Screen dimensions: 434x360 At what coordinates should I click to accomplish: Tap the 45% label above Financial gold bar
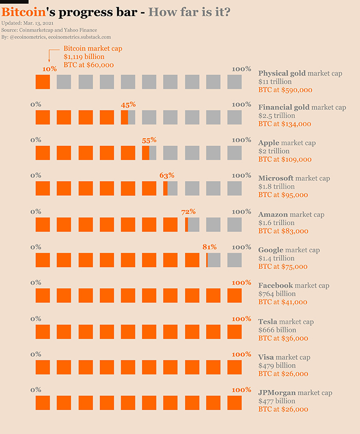[128, 104]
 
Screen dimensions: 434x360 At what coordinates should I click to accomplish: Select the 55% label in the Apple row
[149, 140]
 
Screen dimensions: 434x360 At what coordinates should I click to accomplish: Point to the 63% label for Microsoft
[167, 175]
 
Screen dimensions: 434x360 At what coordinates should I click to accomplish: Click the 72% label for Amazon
[188, 211]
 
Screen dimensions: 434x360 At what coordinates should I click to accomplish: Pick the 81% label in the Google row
[209, 247]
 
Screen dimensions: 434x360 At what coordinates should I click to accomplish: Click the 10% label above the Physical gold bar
[50, 69]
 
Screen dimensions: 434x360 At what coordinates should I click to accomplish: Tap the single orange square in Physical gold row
[43, 82]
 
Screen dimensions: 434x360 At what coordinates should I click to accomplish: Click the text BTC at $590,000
[285, 89]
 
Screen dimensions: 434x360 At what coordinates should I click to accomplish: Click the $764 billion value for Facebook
[278, 294]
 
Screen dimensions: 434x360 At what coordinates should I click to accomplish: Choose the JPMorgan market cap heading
[295, 393]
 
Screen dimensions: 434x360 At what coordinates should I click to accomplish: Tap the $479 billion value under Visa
[277, 366]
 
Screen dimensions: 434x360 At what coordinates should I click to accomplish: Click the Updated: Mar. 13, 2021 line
[28, 24]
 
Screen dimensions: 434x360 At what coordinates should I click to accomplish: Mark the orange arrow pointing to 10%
[49, 57]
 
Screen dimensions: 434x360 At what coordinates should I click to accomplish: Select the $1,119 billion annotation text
[84, 57]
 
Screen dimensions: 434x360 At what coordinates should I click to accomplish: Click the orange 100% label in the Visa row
[241, 354]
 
